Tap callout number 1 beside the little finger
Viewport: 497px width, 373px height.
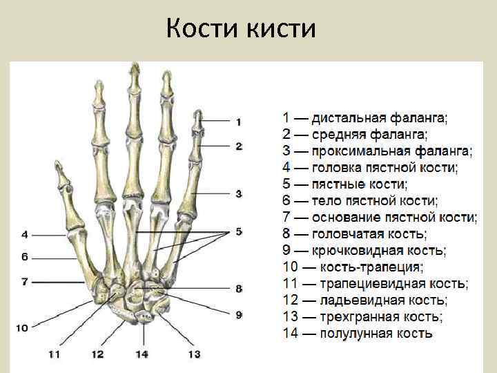(238, 122)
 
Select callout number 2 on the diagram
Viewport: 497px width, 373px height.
(238, 146)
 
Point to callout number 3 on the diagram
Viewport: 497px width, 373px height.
(238, 194)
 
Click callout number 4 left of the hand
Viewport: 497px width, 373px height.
(24, 234)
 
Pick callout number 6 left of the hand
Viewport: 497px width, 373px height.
(24, 258)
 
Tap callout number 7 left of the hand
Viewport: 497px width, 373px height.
(24, 282)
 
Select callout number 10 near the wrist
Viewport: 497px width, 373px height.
(22, 327)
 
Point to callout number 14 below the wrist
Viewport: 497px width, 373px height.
(142, 354)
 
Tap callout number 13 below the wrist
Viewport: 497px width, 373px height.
(194, 354)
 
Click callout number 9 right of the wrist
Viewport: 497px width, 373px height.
(239, 315)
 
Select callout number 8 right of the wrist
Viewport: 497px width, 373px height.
(239, 289)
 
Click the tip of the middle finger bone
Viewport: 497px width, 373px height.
(133, 67)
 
